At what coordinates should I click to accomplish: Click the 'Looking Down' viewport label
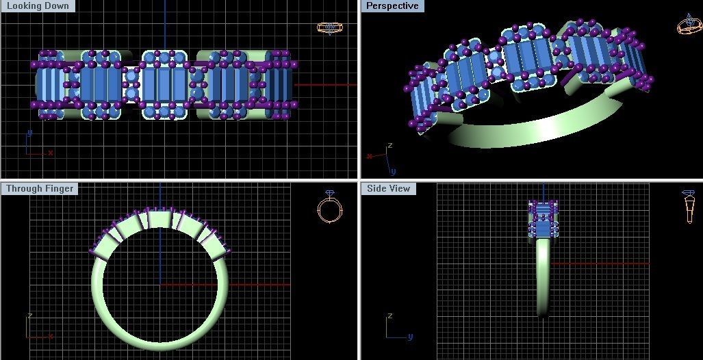[38, 6]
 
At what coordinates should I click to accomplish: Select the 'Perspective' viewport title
[392, 6]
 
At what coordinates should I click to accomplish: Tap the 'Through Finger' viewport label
[40, 188]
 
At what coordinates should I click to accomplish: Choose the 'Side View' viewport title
[388, 188]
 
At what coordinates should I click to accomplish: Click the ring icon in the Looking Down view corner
[329, 27]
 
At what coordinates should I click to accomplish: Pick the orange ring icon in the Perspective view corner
[688, 25]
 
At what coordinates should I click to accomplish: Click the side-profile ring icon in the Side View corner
[689, 206]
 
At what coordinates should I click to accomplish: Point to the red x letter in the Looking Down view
[51, 153]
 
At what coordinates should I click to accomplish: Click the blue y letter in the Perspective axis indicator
[393, 171]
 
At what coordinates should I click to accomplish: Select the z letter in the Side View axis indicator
[389, 316]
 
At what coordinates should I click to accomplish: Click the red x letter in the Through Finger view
[51, 336]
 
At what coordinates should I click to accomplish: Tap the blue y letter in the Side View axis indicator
[410, 337]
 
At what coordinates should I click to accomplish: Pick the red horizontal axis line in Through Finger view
[260, 284]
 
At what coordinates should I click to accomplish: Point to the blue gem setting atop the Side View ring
[543, 219]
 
